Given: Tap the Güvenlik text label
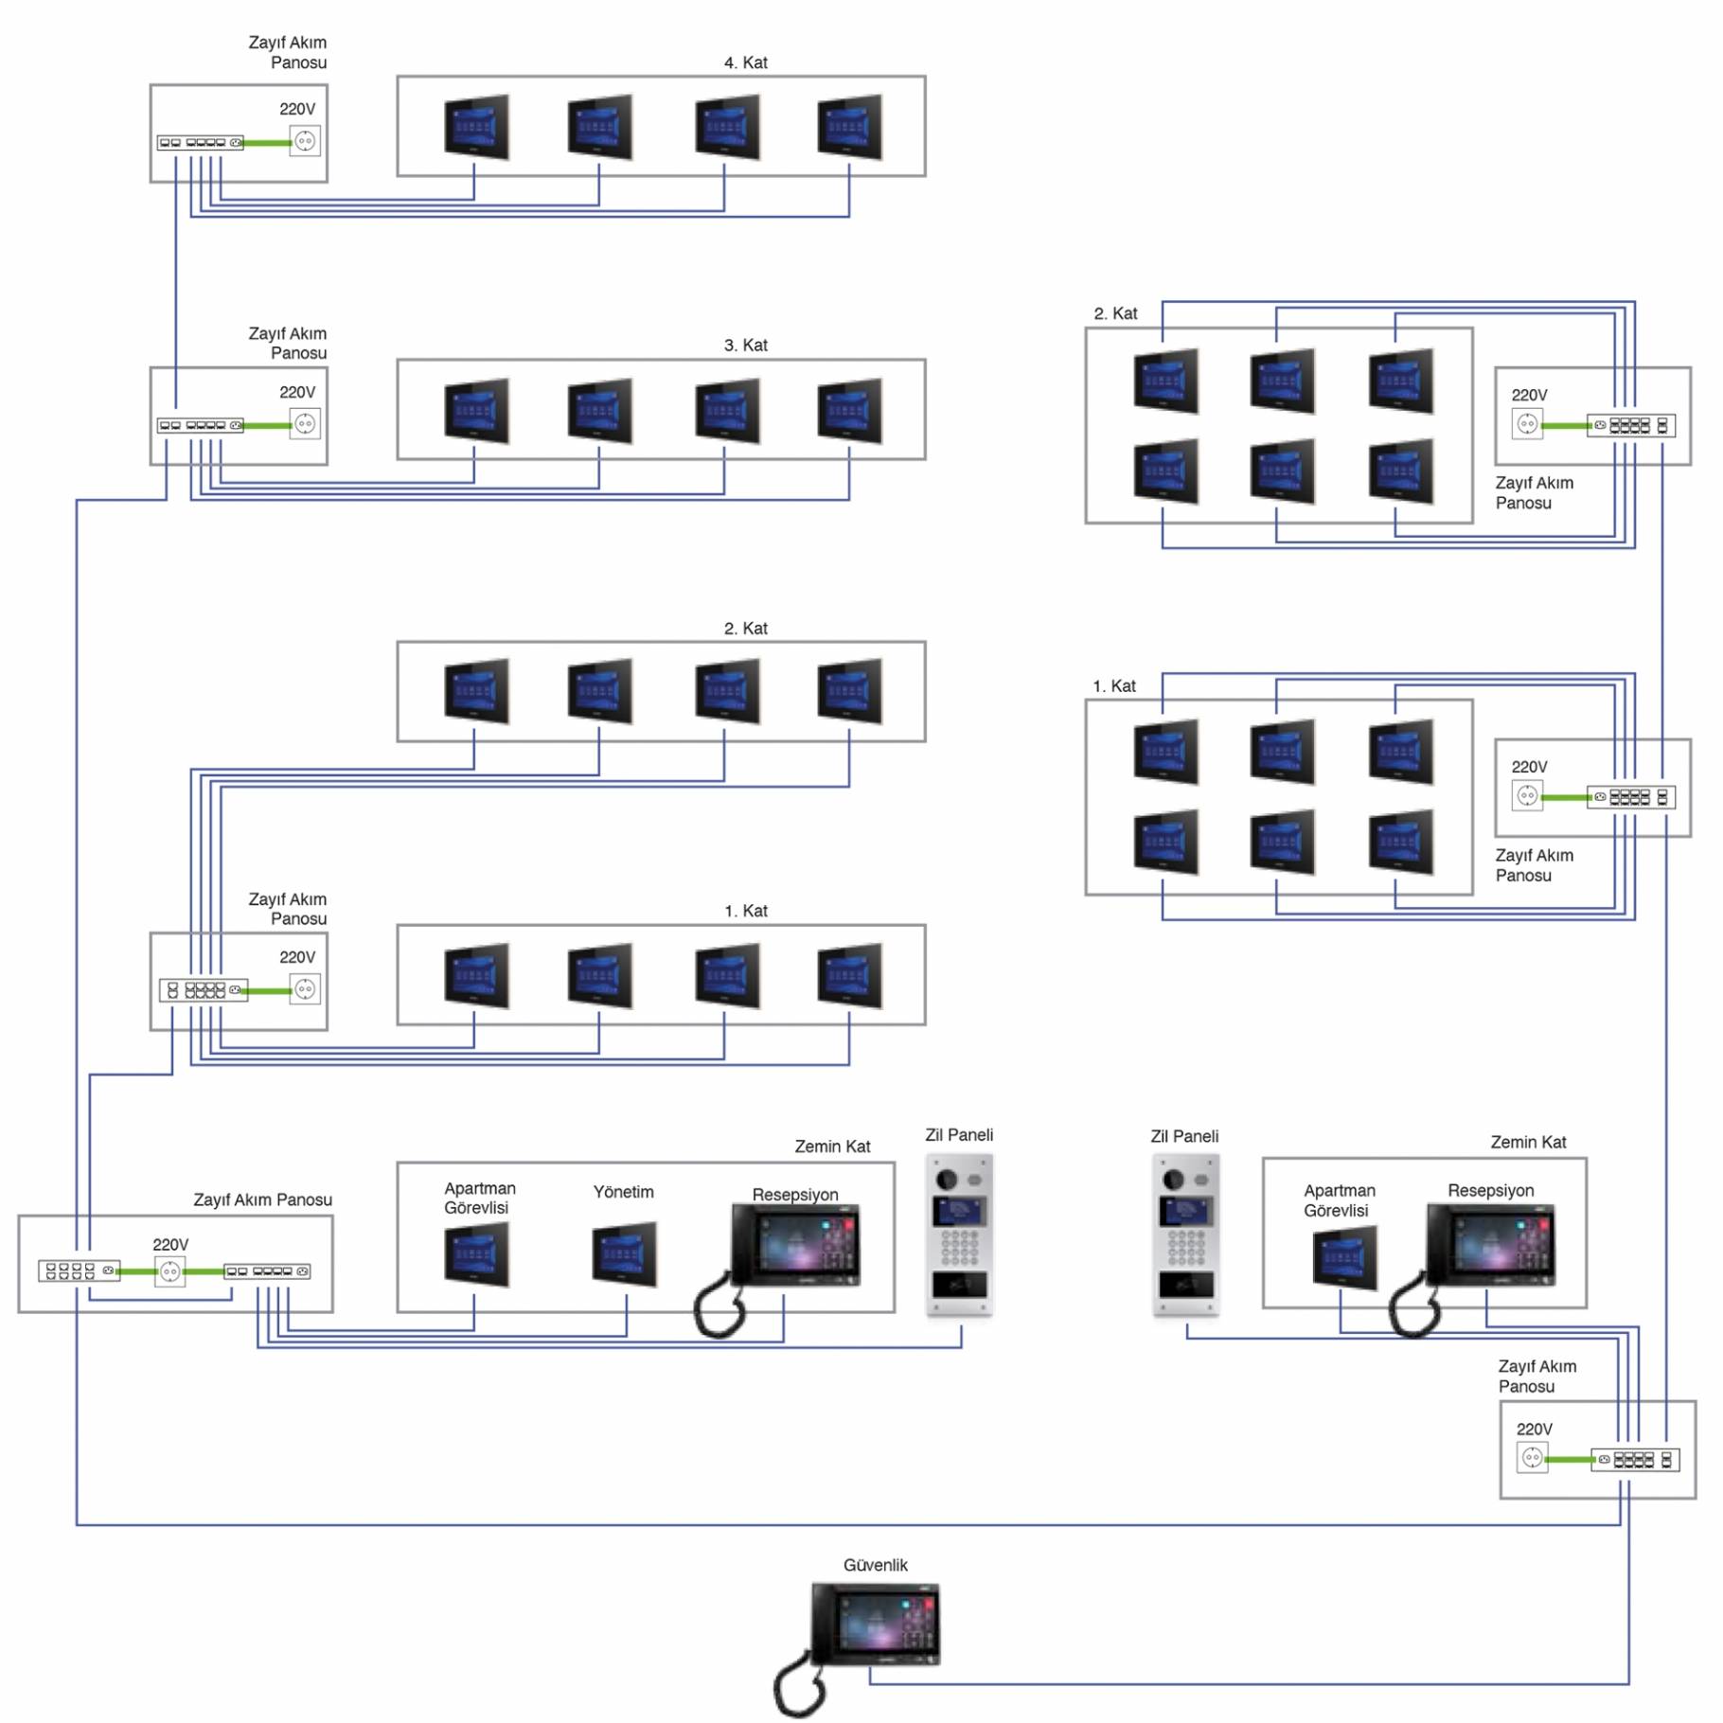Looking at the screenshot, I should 875,1565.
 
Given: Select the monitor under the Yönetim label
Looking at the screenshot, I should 624,1254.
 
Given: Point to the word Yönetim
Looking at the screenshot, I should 623,1192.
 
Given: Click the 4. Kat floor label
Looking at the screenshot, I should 745,62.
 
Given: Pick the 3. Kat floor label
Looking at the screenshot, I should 745,346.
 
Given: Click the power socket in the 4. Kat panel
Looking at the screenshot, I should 305,141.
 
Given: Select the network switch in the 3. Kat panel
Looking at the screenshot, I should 200,425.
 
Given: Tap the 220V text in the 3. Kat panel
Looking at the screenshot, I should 297,392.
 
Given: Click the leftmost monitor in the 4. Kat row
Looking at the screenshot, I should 476,127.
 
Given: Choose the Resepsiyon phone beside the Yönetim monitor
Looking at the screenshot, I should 795,1245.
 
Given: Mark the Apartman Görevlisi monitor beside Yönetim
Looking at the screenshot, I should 476,1254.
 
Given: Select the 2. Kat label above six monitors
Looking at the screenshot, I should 1115,313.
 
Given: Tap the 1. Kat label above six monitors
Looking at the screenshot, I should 1113,685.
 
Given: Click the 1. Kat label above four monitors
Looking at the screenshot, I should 745,911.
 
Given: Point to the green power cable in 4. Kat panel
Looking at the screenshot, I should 267,143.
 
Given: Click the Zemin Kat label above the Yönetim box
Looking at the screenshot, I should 831,1146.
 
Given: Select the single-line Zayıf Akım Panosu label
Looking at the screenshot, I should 262,1199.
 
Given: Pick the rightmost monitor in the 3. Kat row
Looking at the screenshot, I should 849,411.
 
